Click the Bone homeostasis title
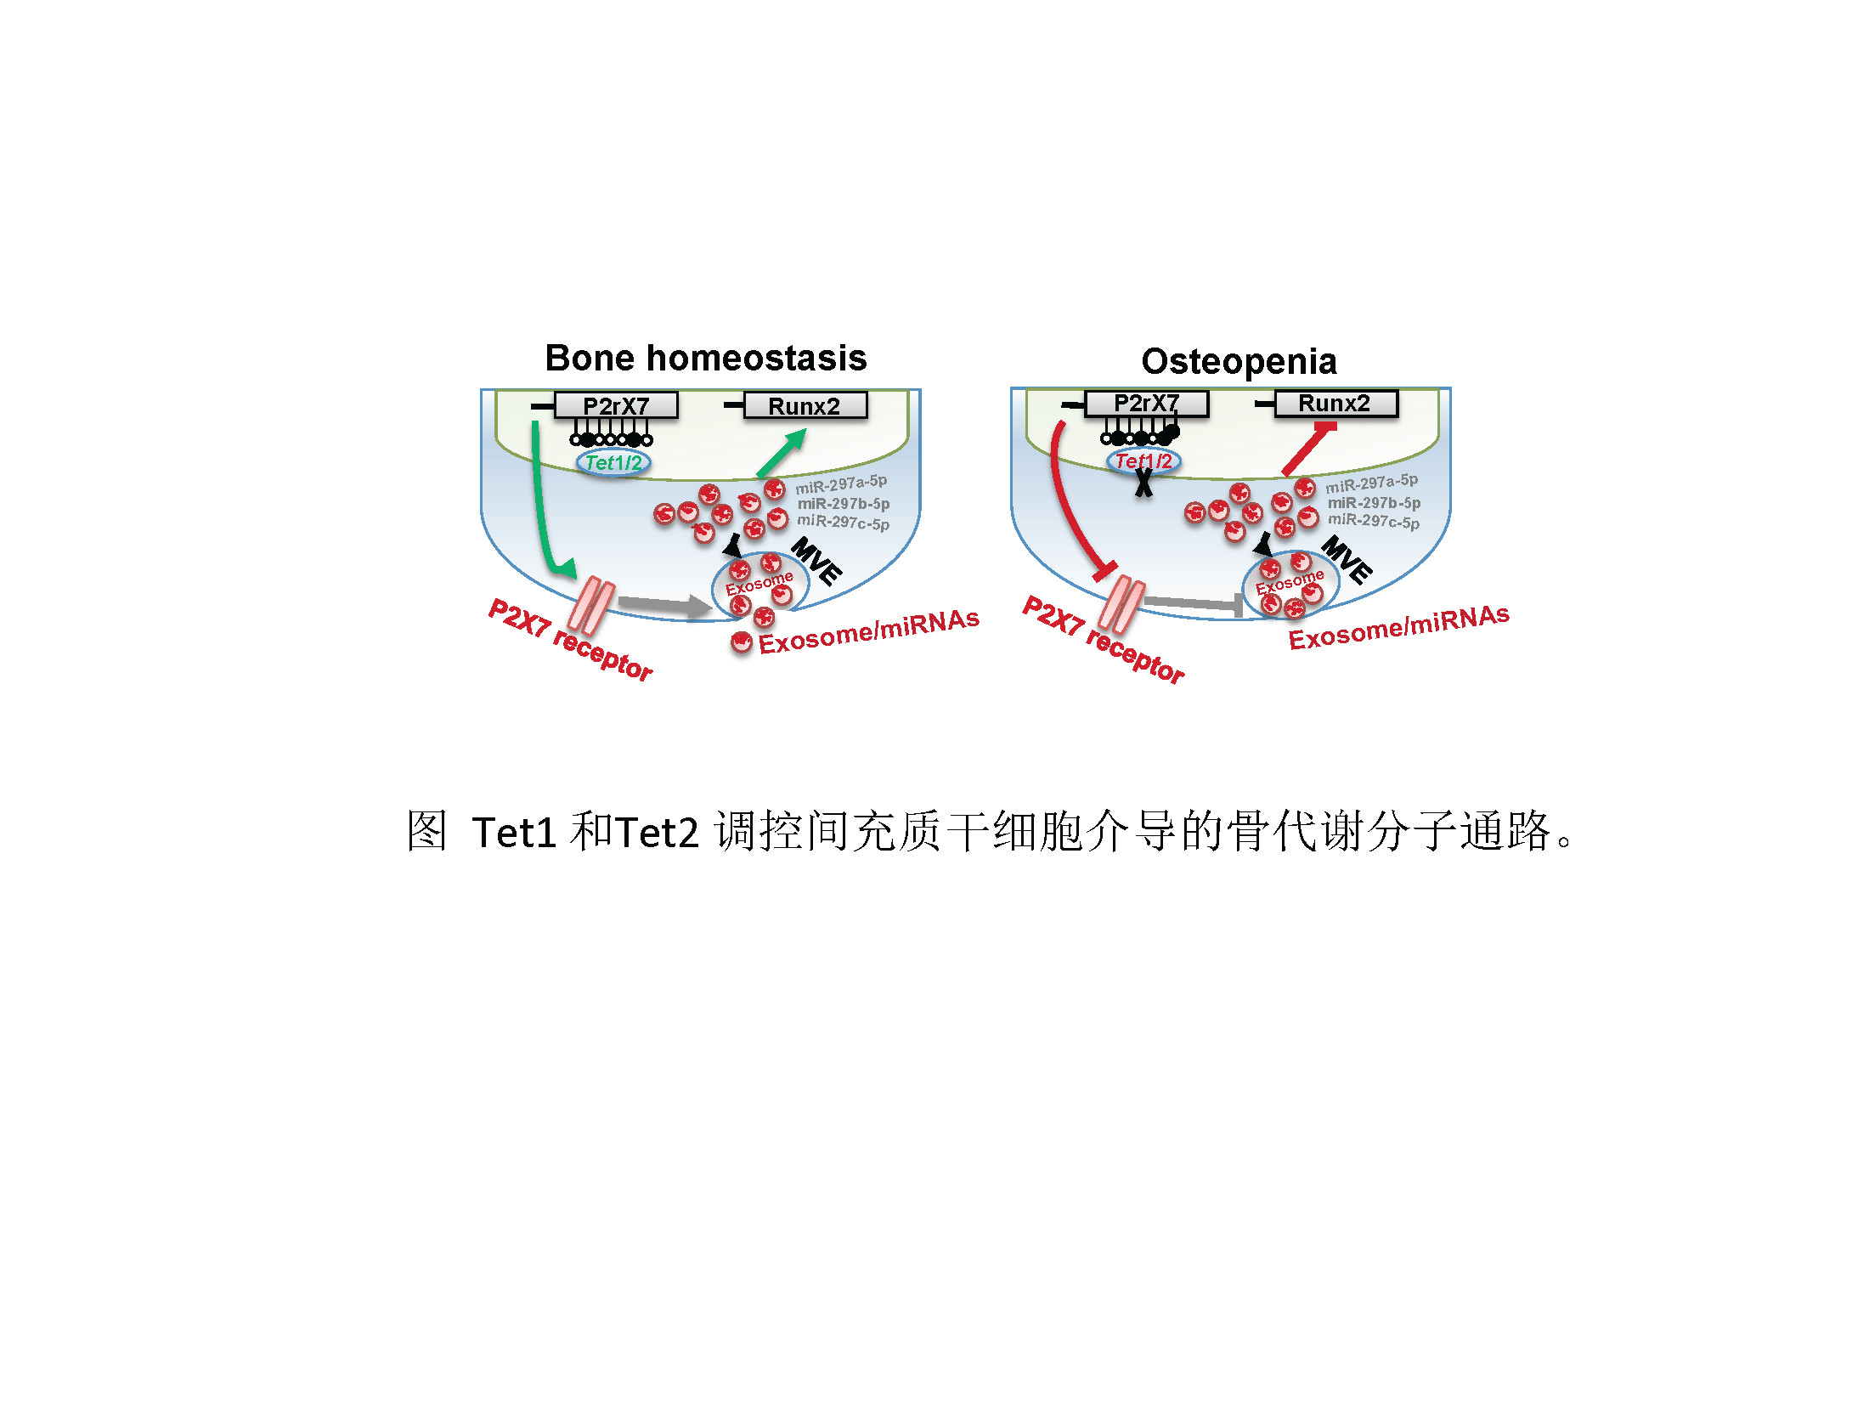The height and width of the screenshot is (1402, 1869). [706, 359]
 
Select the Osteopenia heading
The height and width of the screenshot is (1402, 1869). [1239, 362]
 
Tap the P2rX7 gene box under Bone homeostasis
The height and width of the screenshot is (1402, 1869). [616, 405]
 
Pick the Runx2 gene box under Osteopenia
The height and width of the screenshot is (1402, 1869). [1335, 404]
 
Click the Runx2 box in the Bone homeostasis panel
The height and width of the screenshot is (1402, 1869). [805, 405]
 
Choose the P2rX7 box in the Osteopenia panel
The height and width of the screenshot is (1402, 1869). [1146, 403]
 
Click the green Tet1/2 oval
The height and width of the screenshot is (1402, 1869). [613, 463]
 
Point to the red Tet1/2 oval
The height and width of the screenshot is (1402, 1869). [1143, 461]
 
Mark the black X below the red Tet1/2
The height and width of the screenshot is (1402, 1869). [1144, 483]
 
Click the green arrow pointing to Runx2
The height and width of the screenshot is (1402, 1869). [781, 454]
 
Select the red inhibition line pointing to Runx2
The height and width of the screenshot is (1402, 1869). [1309, 449]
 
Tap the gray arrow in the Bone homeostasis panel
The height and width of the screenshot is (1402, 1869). [665, 605]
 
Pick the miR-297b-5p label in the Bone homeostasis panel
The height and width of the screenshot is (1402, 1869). [844, 504]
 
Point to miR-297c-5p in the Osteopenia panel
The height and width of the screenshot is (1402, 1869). [1374, 521]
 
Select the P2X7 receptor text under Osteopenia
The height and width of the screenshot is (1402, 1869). [1104, 640]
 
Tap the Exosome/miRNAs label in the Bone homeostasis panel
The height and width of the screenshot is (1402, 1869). [869, 631]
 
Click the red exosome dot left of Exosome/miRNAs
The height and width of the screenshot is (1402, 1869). [742, 642]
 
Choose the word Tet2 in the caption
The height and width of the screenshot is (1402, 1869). [658, 833]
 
